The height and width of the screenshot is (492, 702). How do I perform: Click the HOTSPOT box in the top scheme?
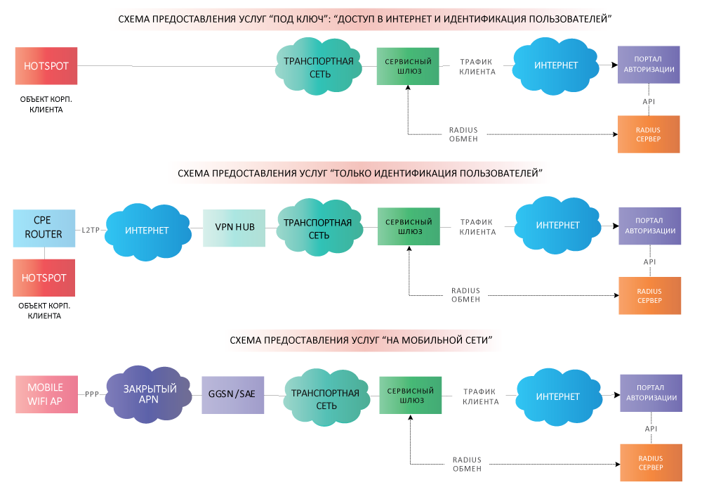pos(46,66)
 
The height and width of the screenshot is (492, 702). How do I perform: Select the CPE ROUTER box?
pos(44,228)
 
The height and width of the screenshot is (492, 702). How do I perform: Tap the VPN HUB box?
pos(234,228)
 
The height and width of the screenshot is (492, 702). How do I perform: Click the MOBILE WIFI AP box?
pos(46,394)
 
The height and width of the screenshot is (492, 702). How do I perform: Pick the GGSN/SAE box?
pos(233,395)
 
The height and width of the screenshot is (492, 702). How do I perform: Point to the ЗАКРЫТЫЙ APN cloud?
pos(149,394)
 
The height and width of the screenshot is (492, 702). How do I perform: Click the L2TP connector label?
pos(91,230)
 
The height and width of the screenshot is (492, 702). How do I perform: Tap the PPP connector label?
pos(92,394)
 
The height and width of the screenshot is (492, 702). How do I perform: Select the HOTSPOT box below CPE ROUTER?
pos(44,278)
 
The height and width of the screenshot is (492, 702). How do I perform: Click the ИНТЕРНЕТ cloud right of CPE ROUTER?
pos(147,231)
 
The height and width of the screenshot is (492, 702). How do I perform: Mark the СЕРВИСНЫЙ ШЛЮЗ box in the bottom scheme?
pos(411,395)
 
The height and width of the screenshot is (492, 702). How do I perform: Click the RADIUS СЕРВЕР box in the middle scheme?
pos(649,296)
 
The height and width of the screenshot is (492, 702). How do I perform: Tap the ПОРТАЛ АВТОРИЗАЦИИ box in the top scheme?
pos(649,65)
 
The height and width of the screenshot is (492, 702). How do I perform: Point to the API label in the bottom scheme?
pos(651,429)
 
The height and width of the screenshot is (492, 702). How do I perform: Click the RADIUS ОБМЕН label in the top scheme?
pos(463,134)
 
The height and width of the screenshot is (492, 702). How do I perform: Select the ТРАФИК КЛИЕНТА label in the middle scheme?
pos(477,227)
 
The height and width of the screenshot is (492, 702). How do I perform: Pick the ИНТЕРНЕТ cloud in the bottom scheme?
pos(558,397)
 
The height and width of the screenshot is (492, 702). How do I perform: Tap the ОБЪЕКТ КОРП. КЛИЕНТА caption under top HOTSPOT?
pos(46,105)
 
